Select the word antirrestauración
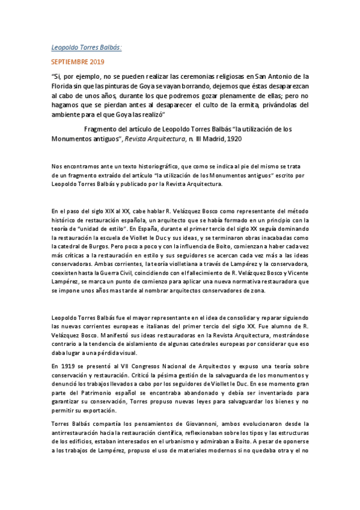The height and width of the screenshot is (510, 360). (78, 432)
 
